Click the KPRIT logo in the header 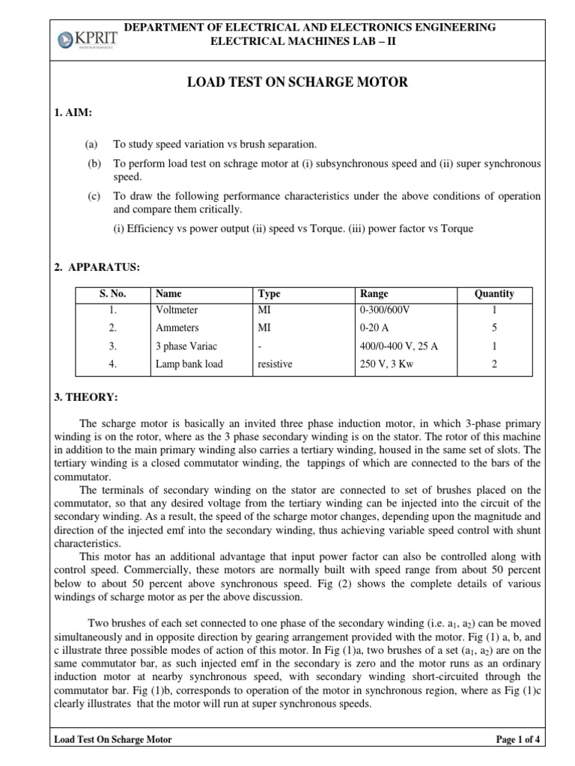pyautogui.click(x=81, y=37)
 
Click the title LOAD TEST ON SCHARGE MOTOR pyautogui.click(x=297, y=82)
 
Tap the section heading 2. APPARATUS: pyautogui.click(x=87, y=266)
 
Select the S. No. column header pyautogui.click(x=113, y=294)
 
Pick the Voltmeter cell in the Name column pyautogui.click(x=177, y=310)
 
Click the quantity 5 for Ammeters pyautogui.click(x=494, y=328)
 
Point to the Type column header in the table pyautogui.click(x=269, y=294)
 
